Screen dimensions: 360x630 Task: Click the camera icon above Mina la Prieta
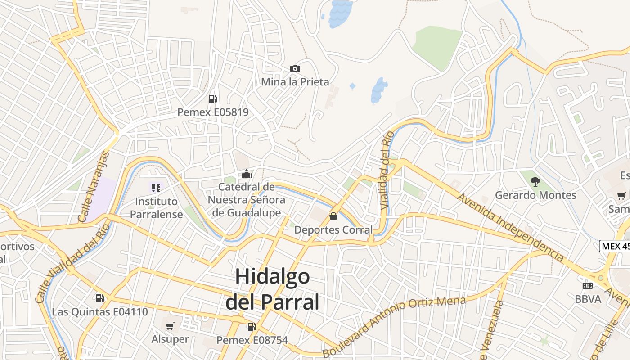[295, 68]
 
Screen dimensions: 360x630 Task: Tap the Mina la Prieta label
[295, 82]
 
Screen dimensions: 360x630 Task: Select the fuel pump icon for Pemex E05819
[212, 99]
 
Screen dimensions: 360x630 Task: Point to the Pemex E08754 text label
[252, 340]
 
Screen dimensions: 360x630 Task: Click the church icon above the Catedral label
[246, 174]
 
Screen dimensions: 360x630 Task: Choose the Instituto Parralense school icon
[156, 188]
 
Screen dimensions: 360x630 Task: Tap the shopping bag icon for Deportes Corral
[333, 216]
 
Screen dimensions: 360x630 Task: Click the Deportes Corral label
[333, 230]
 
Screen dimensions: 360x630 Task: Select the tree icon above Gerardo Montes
[535, 182]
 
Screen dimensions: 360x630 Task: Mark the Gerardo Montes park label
[535, 195]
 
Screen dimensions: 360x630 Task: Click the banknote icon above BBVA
[587, 286]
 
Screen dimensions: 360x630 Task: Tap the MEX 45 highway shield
[615, 246]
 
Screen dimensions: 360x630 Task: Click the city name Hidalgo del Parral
[272, 289]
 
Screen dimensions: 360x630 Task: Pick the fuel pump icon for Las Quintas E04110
[99, 298]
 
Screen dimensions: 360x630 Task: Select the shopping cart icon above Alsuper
[170, 326]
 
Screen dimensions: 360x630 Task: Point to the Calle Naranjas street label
[94, 187]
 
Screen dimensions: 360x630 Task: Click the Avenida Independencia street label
[510, 227]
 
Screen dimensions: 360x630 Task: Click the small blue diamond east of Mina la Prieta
[352, 85]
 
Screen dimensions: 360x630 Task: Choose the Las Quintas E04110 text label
[99, 312]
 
